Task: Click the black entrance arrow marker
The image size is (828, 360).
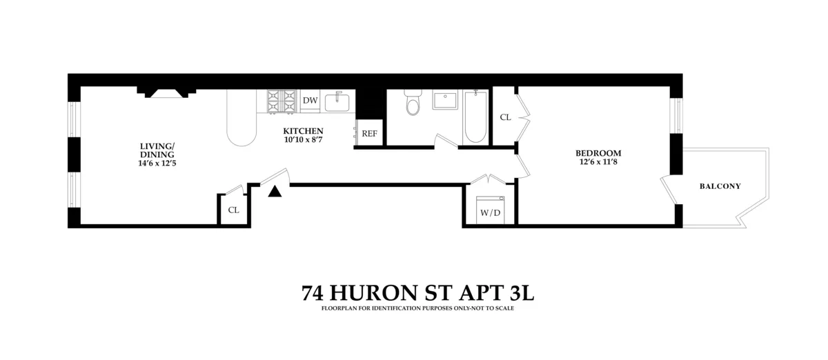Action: [275, 192]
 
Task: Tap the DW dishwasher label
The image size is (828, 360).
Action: [310, 101]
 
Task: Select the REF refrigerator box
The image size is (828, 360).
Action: [369, 133]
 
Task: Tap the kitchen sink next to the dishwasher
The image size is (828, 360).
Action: [337, 101]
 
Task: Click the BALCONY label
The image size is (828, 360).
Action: [720, 186]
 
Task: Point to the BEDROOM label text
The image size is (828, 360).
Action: [598, 153]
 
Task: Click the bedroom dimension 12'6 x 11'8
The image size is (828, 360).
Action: [598, 163]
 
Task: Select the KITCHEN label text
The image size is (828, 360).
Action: [303, 131]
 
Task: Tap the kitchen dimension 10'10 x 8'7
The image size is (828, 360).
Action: [303, 140]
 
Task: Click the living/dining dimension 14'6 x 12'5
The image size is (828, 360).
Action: [158, 164]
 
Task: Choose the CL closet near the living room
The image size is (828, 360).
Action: [233, 210]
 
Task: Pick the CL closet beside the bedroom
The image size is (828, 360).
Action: [505, 117]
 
